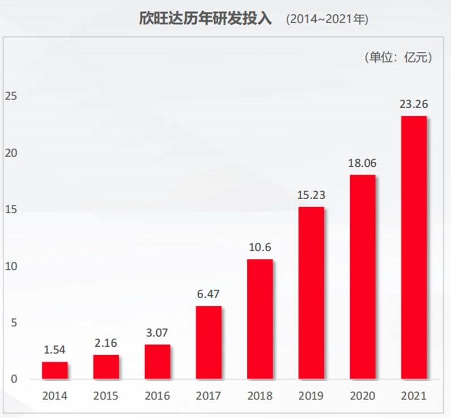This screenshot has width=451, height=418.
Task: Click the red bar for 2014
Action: [x=54, y=370]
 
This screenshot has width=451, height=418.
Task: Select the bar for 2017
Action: [x=208, y=342]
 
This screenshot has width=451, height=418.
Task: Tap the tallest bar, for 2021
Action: [x=414, y=247]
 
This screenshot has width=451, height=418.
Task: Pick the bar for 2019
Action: [x=311, y=293]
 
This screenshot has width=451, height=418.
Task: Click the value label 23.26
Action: [x=414, y=104]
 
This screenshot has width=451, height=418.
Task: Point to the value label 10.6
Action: [x=260, y=247]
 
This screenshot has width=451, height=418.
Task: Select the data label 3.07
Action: [x=157, y=332]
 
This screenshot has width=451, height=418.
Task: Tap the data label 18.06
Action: [x=362, y=163]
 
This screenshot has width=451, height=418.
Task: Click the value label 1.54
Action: [x=54, y=350]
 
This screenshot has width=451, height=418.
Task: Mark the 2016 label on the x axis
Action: [x=157, y=396]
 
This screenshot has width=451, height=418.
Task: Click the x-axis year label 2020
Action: [x=362, y=396]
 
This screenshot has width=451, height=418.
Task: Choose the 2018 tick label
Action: [x=260, y=396]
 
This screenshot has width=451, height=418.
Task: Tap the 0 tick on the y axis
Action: [x=14, y=379]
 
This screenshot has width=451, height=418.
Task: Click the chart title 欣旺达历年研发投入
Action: [x=205, y=19]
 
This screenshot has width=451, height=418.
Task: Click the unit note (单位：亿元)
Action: [x=398, y=57]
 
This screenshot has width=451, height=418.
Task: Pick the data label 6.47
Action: [x=208, y=294]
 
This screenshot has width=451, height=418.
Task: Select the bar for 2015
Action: [x=106, y=367]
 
